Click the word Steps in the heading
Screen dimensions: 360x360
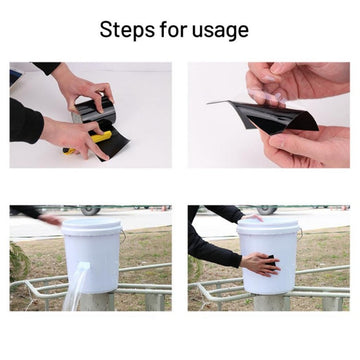(127, 30)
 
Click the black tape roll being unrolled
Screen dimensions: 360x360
(94, 113)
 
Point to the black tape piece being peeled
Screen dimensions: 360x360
(267, 117)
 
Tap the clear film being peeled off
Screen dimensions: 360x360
(267, 95)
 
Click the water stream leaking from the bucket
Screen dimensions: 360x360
(76, 287)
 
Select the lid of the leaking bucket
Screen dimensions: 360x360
(91, 227)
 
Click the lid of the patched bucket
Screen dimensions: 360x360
(269, 226)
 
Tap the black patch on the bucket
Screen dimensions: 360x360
(271, 260)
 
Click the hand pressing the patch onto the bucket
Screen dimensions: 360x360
(261, 264)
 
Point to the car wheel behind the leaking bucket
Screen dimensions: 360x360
(90, 210)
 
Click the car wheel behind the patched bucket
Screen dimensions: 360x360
(266, 210)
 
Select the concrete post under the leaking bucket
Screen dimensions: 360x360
(97, 302)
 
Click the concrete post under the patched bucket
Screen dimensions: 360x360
(271, 302)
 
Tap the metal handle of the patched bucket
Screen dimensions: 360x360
(300, 233)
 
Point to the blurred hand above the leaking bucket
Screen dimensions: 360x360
(50, 219)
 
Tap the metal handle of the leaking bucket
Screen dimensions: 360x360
(123, 236)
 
